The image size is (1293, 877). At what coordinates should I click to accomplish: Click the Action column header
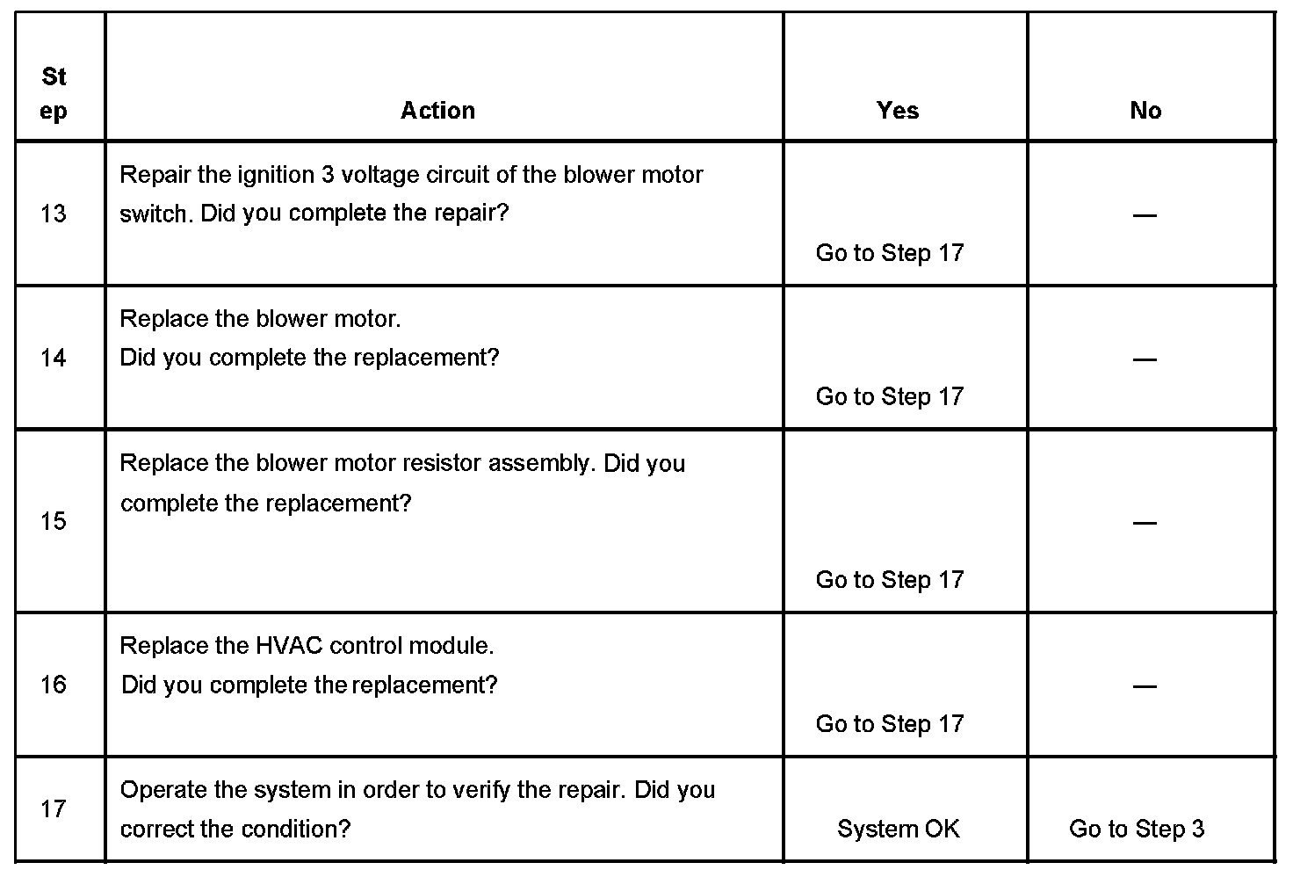coord(437,110)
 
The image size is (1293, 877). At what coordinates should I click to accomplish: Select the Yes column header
coord(897,110)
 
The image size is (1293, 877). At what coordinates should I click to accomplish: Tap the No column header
coord(1145,110)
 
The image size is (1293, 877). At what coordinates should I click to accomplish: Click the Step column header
coord(54,94)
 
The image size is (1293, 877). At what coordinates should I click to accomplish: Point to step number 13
coord(54,214)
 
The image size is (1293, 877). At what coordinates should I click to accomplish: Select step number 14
coord(54,358)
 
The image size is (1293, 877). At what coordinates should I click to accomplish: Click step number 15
coord(54,521)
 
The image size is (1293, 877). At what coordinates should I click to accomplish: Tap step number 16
coord(54,685)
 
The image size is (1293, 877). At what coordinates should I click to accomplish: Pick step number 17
coord(54,808)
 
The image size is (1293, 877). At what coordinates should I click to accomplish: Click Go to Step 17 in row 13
coord(890,253)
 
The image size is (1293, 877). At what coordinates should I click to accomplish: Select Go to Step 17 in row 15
coord(890,580)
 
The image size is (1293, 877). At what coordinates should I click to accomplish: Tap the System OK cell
coord(898,829)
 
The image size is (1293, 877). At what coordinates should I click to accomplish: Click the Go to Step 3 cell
coord(1137,829)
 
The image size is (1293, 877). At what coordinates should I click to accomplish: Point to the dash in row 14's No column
coord(1144,359)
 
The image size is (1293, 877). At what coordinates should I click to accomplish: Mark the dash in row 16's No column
coord(1144,685)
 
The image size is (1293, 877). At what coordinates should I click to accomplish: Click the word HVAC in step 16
coord(278,646)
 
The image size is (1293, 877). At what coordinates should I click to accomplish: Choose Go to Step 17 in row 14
coord(890,397)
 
